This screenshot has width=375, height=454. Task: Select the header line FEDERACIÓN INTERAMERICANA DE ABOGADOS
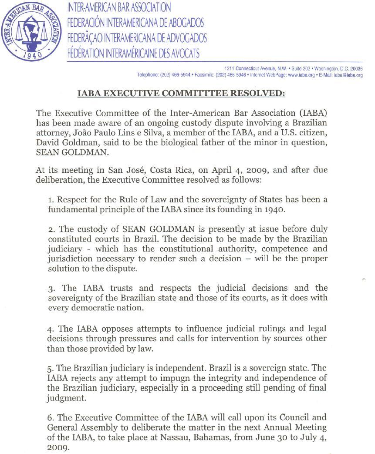click(135, 22)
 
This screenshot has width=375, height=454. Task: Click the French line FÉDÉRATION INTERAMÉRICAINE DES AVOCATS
click(133, 54)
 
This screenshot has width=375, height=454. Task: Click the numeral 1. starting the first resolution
click(51, 200)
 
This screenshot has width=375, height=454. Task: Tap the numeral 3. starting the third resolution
click(51, 289)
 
